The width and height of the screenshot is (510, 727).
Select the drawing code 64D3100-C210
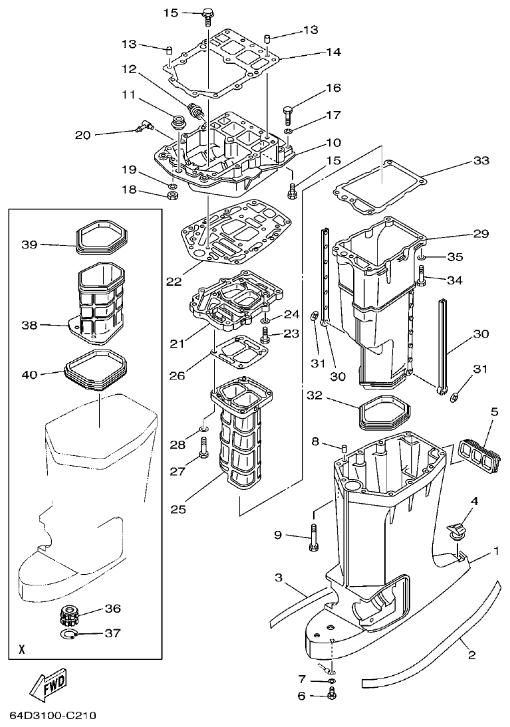click(x=54, y=716)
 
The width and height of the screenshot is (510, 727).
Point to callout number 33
click(x=480, y=161)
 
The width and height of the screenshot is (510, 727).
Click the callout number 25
click(x=177, y=510)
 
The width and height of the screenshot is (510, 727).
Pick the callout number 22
click(x=174, y=281)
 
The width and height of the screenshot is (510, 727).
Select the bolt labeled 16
click(x=289, y=115)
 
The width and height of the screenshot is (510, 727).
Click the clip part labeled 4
click(x=454, y=531)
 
